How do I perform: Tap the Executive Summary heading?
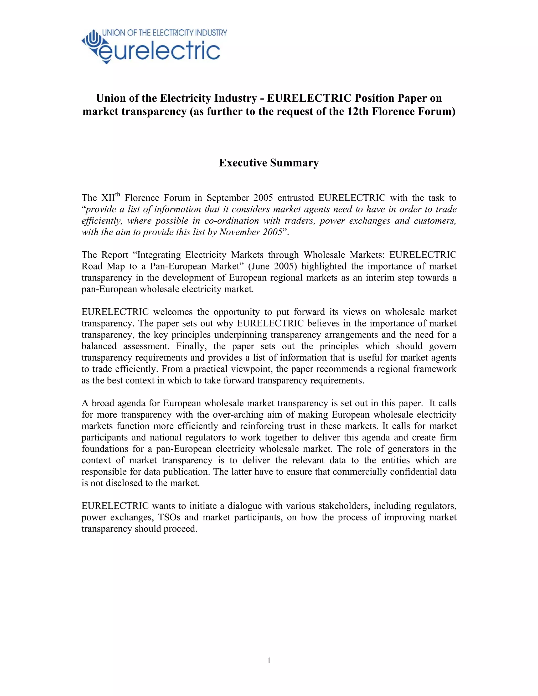click(x=269, y=163)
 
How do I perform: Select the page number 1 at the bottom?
click(x=269, y=661)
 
